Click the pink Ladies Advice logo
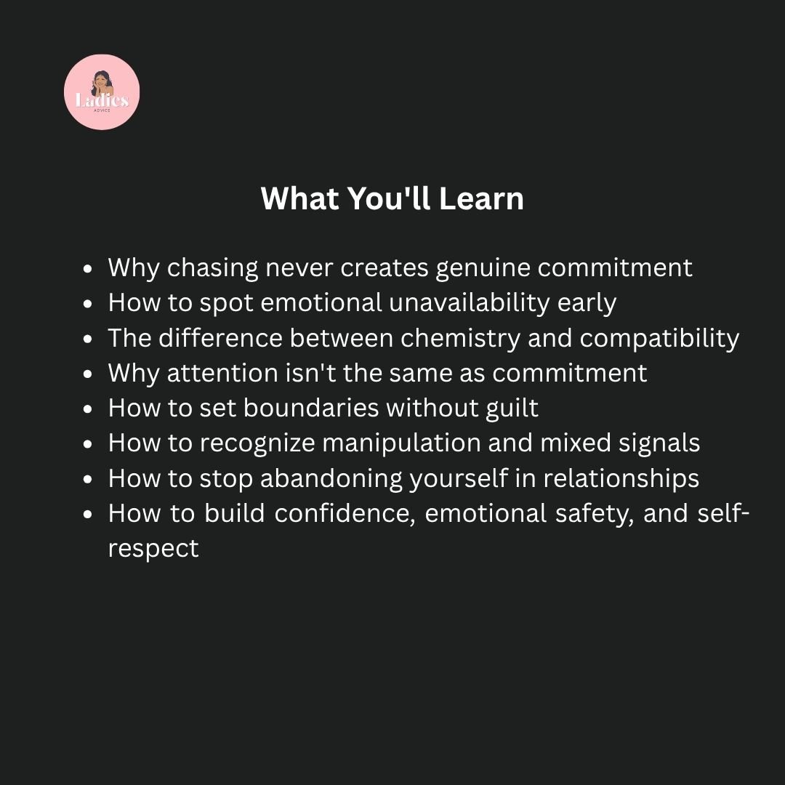102,92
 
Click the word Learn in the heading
481,198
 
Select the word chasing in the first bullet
212,268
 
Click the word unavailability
469,303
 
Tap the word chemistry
461,339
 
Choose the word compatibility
659,339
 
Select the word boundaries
311,408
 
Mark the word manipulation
401,443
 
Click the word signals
659,443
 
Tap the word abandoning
331,478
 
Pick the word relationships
621,478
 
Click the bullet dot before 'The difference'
88,339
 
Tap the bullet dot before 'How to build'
88,514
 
